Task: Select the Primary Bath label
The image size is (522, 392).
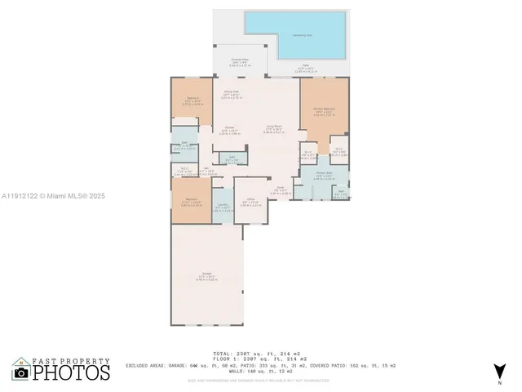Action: click(x=324, y=175)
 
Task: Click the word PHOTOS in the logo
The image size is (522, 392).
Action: click(x=72, y=373)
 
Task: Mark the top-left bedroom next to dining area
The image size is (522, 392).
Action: click(x=192, y=101)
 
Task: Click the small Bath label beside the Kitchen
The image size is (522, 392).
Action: click(x=232, y=158)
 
